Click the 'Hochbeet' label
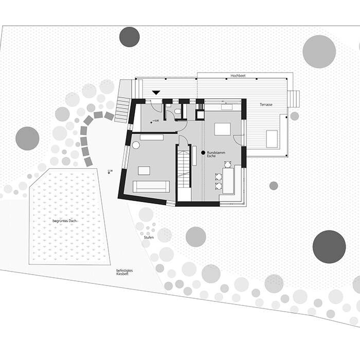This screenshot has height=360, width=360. tap(238, 76)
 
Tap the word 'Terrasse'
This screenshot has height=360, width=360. tap(266, 104)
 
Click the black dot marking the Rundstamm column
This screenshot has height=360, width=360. tap(202, 153)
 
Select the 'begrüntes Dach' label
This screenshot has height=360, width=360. tap(65, 221)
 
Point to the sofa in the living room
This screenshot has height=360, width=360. tap(151, 186)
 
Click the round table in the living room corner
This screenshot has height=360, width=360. tap(136, 146)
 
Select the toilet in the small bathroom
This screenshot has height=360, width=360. tap(177, 112)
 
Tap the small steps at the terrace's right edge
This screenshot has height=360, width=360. tap(293, 99)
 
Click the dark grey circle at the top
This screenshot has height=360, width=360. tap(130, 37)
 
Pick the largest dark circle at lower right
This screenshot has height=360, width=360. tap(329, 246)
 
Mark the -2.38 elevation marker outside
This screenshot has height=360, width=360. tap(110, 173)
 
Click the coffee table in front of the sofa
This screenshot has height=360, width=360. tap(145, 170)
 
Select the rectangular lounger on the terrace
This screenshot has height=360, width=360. tap(272, 139)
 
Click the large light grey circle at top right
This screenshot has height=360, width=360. tap(319, 51)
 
